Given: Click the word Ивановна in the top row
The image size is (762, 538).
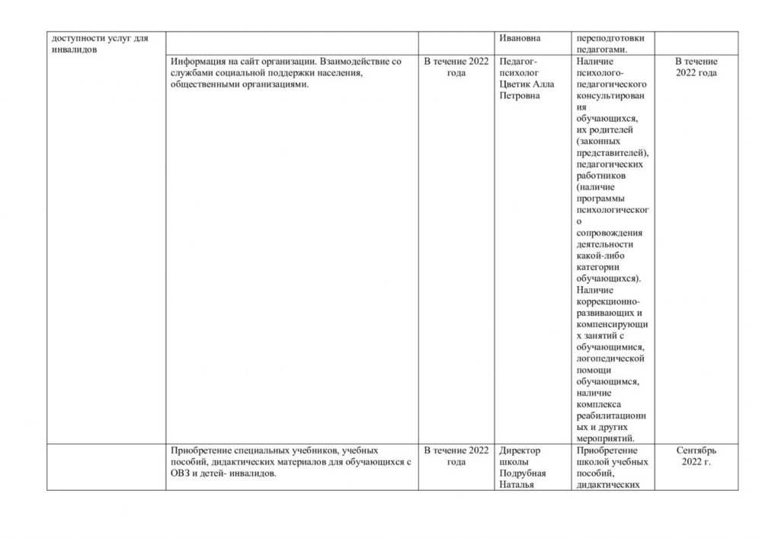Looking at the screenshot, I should point(519,38).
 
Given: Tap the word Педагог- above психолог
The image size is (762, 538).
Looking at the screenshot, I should point(517,61).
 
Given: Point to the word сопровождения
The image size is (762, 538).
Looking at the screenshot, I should point(610,233).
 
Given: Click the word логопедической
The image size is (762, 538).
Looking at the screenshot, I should point(612,358).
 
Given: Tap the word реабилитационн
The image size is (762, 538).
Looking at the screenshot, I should point(612,415).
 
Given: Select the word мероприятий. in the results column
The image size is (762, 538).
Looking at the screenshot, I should point(607,438).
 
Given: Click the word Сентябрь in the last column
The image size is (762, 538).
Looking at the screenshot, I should point(696,450).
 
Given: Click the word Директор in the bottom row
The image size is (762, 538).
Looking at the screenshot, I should point(519,450).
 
